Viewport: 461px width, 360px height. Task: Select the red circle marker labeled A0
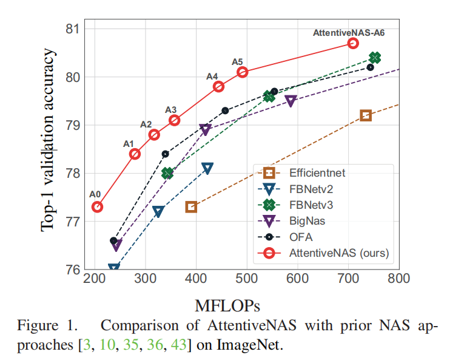point(97,207)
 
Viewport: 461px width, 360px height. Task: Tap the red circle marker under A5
point(243,72)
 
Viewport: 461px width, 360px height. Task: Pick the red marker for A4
point(219,86)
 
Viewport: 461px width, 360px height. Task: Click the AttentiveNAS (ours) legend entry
point(331,252)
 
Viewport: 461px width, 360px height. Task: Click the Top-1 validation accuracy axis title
point(49,140)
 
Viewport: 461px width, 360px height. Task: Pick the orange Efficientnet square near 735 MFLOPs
point(366,115)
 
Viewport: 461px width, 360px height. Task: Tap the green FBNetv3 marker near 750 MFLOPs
point(375,58)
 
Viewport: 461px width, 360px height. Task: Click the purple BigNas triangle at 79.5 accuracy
point(291,101)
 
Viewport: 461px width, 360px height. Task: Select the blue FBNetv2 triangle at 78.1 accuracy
point(207,168)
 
